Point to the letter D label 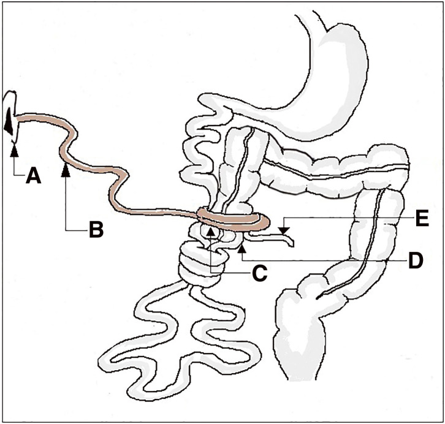coord(416,260)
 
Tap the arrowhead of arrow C coord(211,232)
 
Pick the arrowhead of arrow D coord(243,248)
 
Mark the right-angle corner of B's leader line coord(66,229)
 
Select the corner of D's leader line coord(243,260)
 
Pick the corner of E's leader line coord(283,219)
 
